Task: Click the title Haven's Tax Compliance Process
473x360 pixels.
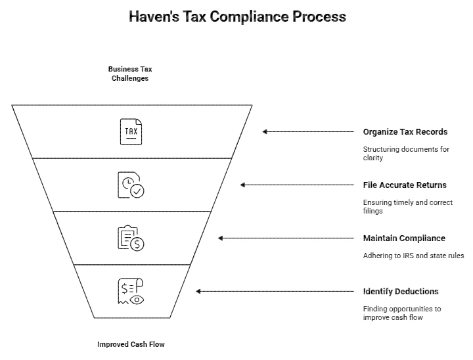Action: pyautogui.click(x=236, y=16)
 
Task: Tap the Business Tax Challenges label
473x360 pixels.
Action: pyautogui.click(x=130, y=74)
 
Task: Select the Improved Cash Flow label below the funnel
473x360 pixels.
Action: pyautogui.click(x=131, y=344)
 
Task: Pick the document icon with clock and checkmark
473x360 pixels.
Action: pyautogui.click(x=131, y=185)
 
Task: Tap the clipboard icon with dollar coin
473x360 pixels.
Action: pyautogui.click(x=131, y=238)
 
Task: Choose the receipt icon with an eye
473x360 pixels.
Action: pyautogui.click(x=131, y=291)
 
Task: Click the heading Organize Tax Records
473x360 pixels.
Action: pyautogui.click(x=405, y=132)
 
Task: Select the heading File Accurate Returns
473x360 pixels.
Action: pyautogui.click(x=405, y=185)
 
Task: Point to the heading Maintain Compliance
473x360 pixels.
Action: pyautogui.click(x=404, y=238)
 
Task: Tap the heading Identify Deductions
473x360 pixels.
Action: pyautogui.click(x=401, y=291)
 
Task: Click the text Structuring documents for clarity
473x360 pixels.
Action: pyautogui.click(x=406, y=154)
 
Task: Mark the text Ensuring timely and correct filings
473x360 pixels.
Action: pyautogui.click(x=407, y=207)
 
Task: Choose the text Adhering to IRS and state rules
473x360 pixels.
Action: pyautogui.click(x=414, y=256)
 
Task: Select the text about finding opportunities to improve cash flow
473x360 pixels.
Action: pyautogui.click(x=402, y=313)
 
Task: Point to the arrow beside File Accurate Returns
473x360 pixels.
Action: pyautogui.click(x=296, y=185)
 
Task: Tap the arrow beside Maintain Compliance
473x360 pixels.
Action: pyautogui.click(x=285, y=238)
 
